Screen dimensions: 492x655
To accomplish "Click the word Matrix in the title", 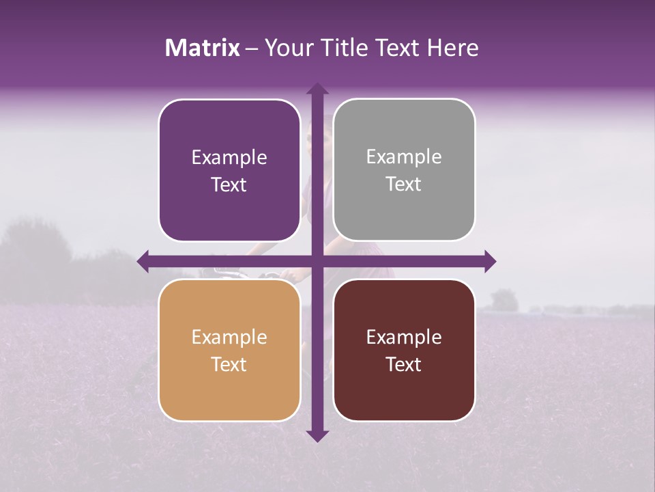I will (x=203, y=48).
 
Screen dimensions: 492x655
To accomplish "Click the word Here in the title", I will (x=453, y=48).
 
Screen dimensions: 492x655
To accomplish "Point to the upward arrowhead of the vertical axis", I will (x=317, y=89).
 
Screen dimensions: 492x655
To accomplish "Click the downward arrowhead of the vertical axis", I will (x=317, y=435).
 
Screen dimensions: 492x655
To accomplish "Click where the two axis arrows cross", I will (x=317, y=261).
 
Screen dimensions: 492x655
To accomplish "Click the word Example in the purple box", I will (x=229, y=158).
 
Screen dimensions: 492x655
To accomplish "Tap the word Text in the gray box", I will (x=404, y=184).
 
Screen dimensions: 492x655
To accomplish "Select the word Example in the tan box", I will (x=229, y=338).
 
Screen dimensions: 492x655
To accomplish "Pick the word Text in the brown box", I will (x=404, y=364).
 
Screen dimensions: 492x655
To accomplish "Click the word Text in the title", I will (x=398, y=48).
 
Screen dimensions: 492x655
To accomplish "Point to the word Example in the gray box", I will (x=404, y=157).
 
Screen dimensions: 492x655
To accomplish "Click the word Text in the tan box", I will (x=229, y=364).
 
